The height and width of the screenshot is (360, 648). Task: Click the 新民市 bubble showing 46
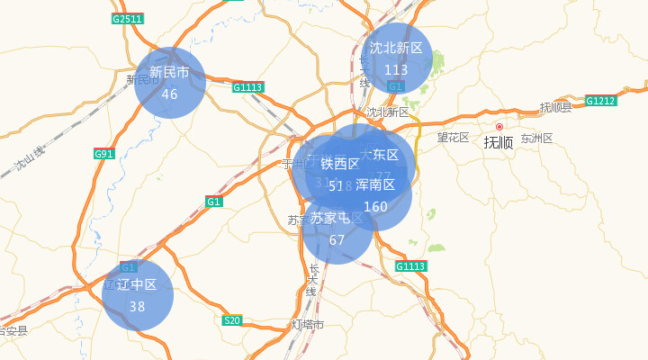(170, 82)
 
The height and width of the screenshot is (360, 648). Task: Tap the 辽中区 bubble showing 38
(137, 295)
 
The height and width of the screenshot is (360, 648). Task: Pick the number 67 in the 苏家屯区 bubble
(337, 240)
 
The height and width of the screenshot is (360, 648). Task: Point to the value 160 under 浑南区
(375, 207)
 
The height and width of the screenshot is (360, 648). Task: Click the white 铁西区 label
(339, 164)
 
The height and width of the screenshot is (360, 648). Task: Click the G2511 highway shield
(128, 19)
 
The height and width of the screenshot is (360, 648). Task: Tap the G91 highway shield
(104, 154)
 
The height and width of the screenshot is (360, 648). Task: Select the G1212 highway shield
(600, 100)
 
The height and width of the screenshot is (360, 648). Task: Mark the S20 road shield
(232, 320)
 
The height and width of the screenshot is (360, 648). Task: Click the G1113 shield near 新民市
(247, 87)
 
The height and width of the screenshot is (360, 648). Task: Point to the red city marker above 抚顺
(499, 127)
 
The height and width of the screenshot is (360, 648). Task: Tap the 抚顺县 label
(555, 107)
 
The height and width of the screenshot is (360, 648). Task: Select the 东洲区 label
(535, 138)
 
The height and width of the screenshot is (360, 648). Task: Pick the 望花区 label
(454, 137)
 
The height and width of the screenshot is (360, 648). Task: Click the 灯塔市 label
(308, 324)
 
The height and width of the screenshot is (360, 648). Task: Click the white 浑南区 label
(375, 184)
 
